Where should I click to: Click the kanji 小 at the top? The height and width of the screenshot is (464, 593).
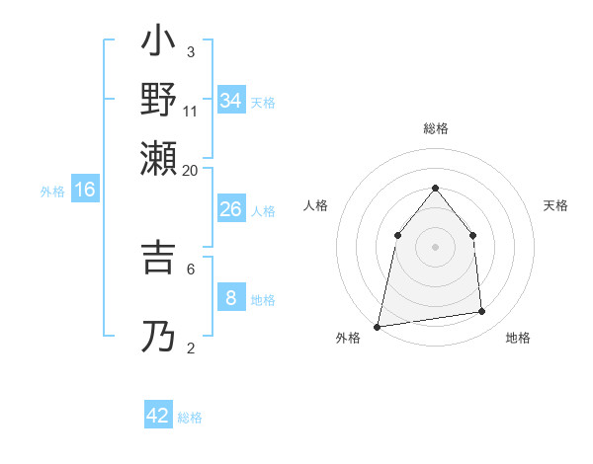point(159,44)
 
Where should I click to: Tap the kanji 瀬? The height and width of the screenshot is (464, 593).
point(159,155)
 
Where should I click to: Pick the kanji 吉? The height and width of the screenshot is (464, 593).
point(159,257)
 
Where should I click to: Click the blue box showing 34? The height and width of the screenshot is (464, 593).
point(230,100)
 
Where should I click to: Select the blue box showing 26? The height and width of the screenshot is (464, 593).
point(230,209)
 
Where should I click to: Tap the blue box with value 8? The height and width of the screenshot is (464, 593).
point(230,297)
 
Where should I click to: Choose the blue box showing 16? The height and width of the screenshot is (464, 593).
point(84,190)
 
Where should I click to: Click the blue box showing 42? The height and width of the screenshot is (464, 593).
point(158,416)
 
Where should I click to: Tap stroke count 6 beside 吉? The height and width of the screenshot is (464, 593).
point(191,268)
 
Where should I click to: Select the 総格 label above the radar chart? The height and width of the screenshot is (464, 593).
point(435,128)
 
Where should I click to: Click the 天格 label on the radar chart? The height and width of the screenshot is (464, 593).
point(555,205)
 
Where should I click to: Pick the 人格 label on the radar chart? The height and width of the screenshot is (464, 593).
point(315,205)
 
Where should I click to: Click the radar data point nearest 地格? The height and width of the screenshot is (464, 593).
point(482,312)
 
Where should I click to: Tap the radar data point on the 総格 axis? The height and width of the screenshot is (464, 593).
point(435,188)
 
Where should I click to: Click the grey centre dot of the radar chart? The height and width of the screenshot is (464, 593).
point(435,247)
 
